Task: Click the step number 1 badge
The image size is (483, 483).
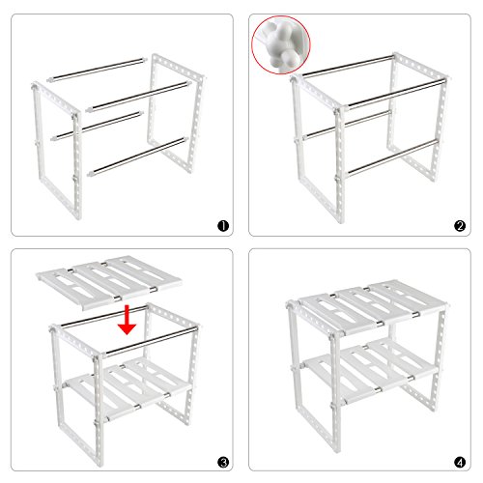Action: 222,227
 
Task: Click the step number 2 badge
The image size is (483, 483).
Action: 459,227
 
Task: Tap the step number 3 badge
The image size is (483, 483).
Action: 222,462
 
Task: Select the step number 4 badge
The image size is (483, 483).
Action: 459,462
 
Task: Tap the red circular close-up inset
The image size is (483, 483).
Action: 283,44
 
